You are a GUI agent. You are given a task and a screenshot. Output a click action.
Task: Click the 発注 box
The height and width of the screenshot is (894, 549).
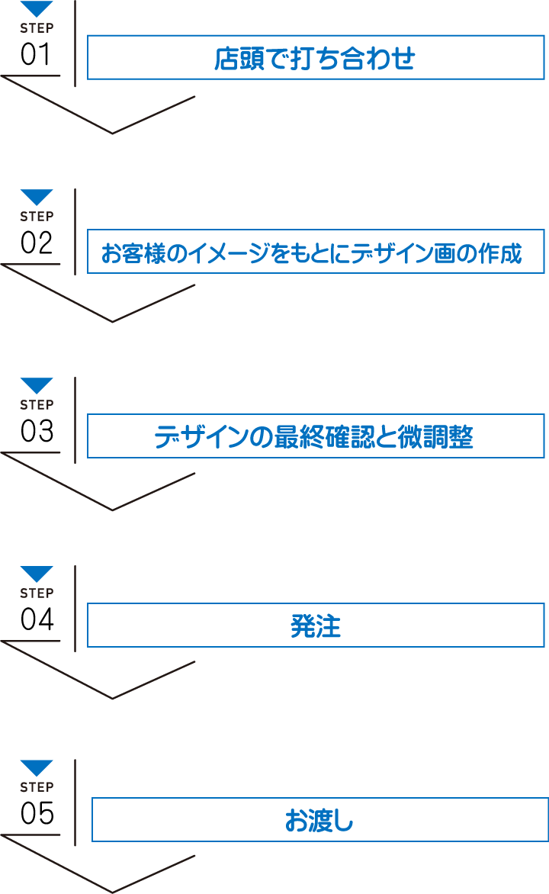pos(316,626)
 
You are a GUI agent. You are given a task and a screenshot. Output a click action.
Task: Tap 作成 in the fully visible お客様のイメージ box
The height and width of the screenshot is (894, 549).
pos(502,253)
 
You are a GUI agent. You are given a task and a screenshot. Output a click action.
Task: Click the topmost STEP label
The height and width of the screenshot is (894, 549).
pos(37,28)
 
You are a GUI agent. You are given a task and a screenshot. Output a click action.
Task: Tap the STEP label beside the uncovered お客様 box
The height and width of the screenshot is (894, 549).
pos(37,217)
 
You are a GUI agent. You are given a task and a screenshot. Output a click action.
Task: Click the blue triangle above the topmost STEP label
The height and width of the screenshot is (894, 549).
pos(37,9)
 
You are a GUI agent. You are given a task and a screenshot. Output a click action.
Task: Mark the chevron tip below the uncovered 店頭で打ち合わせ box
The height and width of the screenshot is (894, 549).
pos(113,133)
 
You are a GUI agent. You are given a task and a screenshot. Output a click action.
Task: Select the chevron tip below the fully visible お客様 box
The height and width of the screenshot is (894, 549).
pos(113,321)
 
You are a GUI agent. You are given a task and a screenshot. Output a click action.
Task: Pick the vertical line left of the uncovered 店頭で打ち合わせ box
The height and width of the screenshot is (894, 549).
pos(75,42)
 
